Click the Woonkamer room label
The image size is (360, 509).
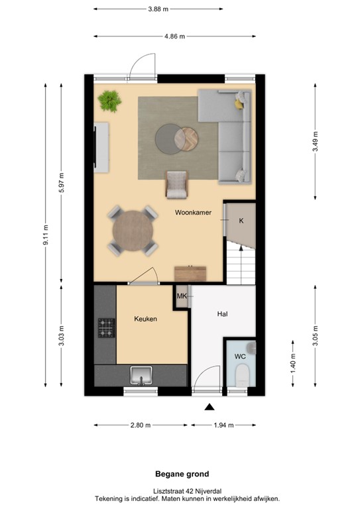click(193, 213)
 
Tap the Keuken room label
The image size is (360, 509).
click(145, 319)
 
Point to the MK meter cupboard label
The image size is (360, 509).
click(182, 296)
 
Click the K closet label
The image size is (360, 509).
click(241, 220)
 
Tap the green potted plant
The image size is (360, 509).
click(109, 101)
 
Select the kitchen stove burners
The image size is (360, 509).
click(106, 326)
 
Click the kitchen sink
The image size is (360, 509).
click(141, 376)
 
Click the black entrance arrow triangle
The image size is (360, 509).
click(210, 407)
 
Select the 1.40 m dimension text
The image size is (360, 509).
click(293, 363)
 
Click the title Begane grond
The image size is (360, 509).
click(182, 474)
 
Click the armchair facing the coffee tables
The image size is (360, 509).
click(177, 184)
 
